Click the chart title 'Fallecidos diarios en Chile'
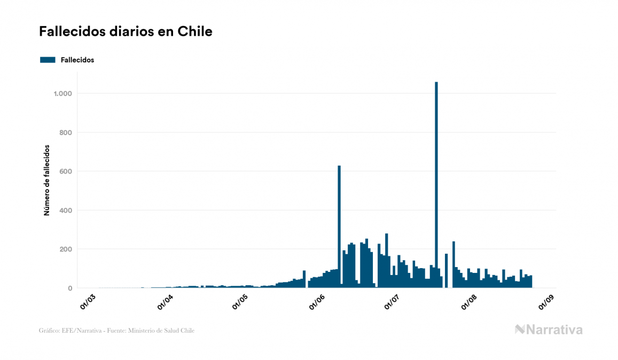click(126, 32)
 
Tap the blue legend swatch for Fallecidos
click(48, 60)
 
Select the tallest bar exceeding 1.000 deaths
click(436, 184)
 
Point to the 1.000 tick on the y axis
click(62, 93)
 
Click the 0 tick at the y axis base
click(69, 288)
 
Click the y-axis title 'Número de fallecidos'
click(46, 180)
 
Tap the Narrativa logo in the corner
click(549, 330)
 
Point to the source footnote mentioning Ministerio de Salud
click(116, 331)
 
